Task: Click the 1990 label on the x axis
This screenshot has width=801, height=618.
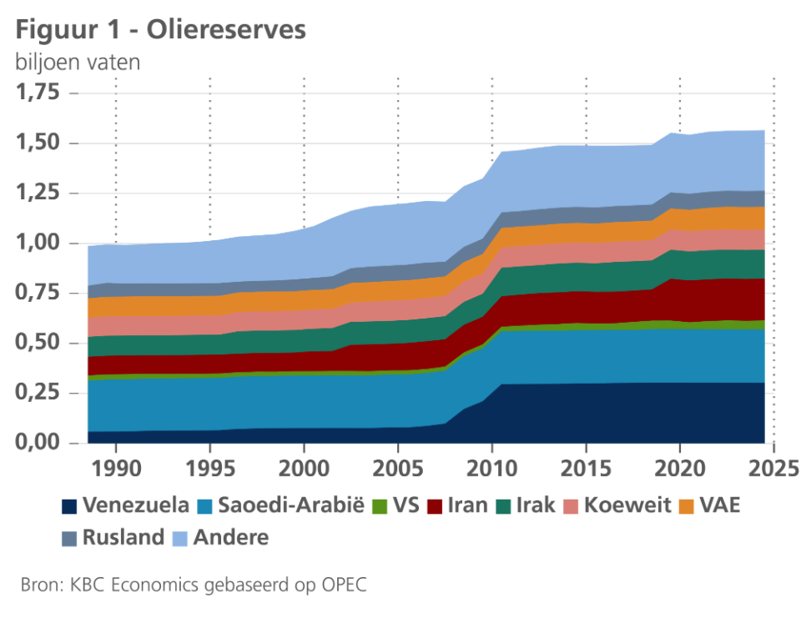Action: pyautogui.click(x=115, y=465)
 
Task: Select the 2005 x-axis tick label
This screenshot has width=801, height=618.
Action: pyautogui.click(x=398, y=465)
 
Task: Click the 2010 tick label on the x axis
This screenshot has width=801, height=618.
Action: pyautogui.click(x=492, y=465)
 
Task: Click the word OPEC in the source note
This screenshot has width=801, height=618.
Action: pyautogui.click(x=344, y=585)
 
